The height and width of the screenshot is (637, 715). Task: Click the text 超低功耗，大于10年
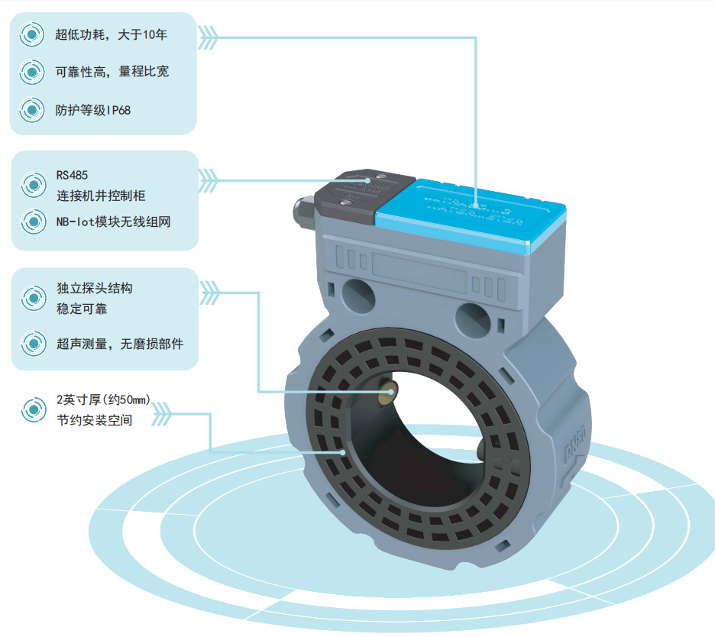pyautogui.click(x=111, y=34)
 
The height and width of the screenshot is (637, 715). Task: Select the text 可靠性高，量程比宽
pyautogui.click(x=112, y=72)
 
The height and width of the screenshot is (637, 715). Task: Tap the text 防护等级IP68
pyautogui.click(x=92, y=110)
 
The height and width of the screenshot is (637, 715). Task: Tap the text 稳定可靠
pyautogui.click(x=82, y=308)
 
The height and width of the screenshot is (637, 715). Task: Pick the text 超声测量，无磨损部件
pyautogui.click(x=119, y=344)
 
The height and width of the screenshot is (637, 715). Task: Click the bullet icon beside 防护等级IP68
pyautogui.click(x=31, y=110)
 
